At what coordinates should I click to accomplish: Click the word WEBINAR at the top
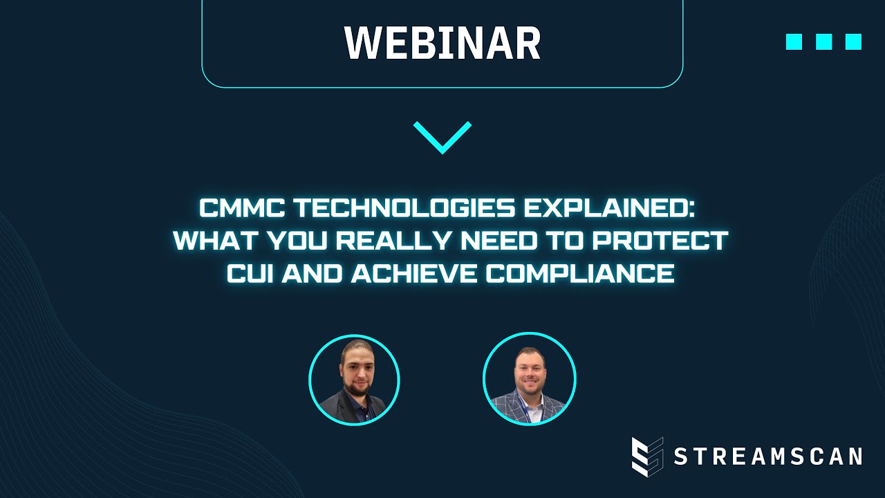click(442, 43)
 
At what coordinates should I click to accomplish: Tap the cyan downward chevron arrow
click(442, 136)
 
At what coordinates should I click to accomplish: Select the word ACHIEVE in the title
click(414, 274)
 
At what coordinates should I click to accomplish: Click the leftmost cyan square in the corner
click(794, 41)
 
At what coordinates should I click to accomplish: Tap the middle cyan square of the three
click(823, 41)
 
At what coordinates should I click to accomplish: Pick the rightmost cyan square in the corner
click(853, 41)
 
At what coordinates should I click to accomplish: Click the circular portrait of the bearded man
click(354, 379)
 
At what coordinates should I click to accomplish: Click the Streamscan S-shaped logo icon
click(647, 456)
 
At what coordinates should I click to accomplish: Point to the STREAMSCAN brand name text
click(767, 456)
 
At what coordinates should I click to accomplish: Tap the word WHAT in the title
click(209, 241)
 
